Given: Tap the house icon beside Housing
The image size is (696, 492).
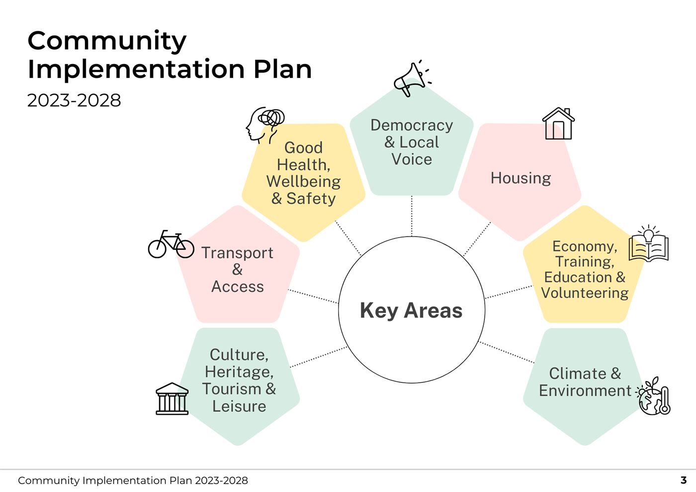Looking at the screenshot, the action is [x=558, y=124].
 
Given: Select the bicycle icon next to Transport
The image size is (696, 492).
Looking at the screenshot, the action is [x=171, y=244].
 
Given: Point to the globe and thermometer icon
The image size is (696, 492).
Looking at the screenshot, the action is [x=653, y=397].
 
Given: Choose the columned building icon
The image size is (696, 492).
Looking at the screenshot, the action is [x=172, y=399].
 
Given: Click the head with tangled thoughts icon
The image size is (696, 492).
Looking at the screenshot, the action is [x=264, y=125].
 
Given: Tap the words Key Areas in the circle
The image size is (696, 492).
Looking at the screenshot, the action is [x=411, y=310].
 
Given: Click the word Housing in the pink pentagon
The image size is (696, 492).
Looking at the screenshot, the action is [x=521, y=178].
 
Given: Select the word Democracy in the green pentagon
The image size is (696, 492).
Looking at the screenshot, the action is [x=412, y=126].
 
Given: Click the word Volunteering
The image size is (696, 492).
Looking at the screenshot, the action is [x=585, y=293].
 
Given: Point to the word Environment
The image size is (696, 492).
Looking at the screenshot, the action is [x=585, y=391].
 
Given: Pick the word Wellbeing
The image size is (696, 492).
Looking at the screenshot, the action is [x=304, y=181].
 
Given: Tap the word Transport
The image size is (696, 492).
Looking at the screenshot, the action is [x=238, y=253].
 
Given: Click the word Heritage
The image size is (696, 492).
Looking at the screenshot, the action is [x=239, y=372].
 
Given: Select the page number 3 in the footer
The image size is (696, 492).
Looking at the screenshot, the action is [x=683, y=480].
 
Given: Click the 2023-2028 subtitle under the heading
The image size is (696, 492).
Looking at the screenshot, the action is [x=74, y=100].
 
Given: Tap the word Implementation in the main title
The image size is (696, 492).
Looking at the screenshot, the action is [x=136, y=70].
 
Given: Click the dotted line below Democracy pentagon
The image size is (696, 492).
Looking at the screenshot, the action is [x=412, y=216].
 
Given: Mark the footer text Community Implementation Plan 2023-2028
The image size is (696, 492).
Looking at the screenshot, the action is [x=133, y=481].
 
